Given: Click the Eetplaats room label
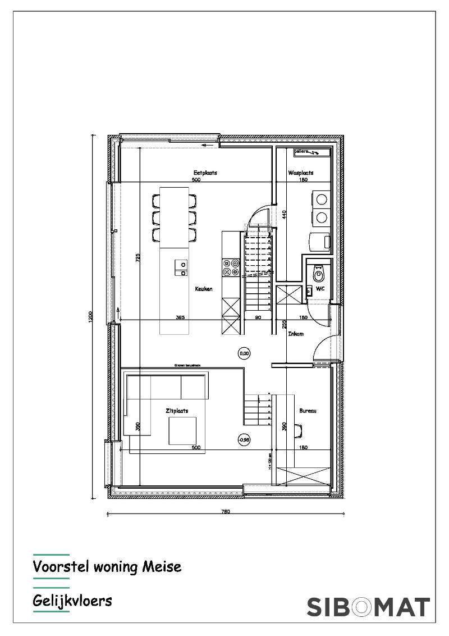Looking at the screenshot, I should click(205, 173).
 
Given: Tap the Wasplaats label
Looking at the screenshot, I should click(301, 173).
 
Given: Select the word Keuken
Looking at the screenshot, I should click(204, 289).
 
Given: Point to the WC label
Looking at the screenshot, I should click(320, 289).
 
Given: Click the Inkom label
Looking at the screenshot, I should click(296, 334).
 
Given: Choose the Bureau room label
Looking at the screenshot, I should click(308, 411).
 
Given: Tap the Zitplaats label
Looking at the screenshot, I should click(177, 411).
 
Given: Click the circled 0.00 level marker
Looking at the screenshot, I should click(244, 353).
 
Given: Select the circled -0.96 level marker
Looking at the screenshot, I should click(244, 440).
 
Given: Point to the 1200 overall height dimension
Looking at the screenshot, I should click(90, 317).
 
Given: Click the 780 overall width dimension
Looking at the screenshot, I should click(225, 512).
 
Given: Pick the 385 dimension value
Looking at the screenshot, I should click(180, 317).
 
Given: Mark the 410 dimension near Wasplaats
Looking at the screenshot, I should click(285, 214).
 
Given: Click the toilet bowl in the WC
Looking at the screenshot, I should click(319, 275).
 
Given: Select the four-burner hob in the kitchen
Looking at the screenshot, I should click(231, 267).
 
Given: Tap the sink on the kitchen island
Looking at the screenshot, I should click(181, 268).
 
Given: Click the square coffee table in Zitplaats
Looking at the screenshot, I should click(182, 431).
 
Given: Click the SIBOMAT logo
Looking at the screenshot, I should click(368, 607).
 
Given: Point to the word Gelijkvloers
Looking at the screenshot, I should click(72, 601).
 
